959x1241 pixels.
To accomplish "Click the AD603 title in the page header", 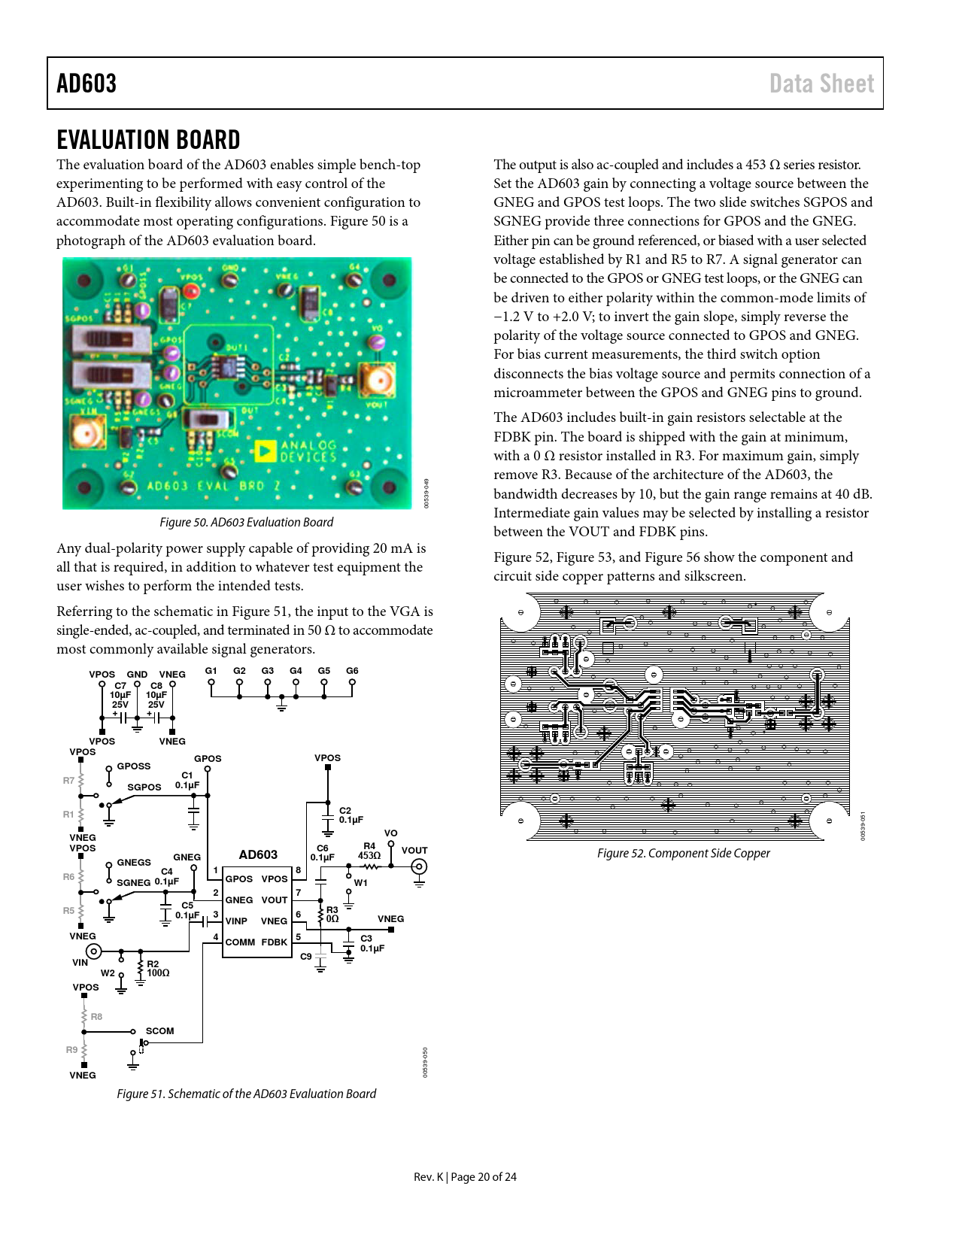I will [86, 83].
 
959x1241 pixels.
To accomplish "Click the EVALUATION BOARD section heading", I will [148, 140].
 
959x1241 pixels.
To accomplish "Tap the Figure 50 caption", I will [245, 522].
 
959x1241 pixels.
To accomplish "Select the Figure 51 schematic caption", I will [246, 1094].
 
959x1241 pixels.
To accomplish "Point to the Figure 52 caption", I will [683, 853].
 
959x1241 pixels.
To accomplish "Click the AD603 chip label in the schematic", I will [258, 854].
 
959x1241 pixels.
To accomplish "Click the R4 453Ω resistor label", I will [369, 851].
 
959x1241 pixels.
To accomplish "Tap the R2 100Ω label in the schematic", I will [157, 969].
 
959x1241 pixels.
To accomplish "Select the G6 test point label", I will [352, 671].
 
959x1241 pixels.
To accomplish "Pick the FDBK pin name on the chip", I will [275, 942].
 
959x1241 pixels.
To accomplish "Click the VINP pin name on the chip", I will [237, 921].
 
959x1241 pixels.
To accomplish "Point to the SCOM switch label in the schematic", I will [159, 1030].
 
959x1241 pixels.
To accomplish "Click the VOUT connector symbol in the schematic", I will [419, 866].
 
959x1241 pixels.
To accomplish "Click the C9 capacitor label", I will [306, 956].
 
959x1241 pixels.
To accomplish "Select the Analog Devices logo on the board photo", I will [296, 451].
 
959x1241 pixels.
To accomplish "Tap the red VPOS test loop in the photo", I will [192, 290].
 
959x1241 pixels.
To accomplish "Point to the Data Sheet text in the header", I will [821, 83].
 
